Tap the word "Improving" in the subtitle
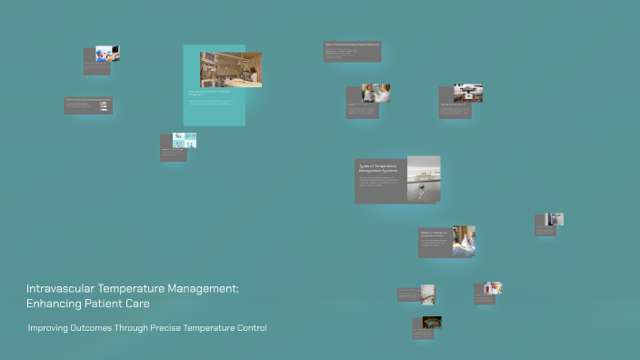click(48, 327)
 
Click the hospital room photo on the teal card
click(231, 69)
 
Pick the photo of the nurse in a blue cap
click(108, 54)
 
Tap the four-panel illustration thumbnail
click(185, 140)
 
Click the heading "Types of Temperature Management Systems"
click(380, 169)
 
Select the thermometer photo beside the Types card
click(424, 178)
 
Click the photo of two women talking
click(375, 93)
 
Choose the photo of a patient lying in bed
click(464, 241)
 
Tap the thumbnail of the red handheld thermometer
click(493, 288)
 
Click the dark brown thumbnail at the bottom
click(432, 322)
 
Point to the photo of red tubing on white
click(468, 93)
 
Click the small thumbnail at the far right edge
click(554, 219)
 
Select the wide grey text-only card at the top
click(352, 52)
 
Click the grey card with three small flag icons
click(88, 105)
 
